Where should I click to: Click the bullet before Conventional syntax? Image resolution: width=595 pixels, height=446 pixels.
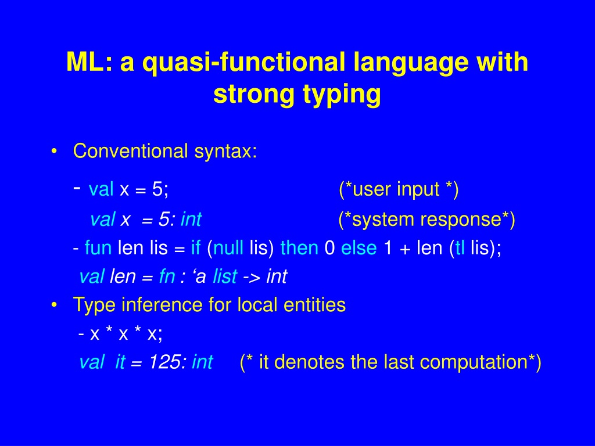(54, 152)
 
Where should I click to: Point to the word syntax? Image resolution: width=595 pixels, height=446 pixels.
(226, 152)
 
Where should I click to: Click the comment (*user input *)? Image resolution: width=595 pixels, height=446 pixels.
(399, 189)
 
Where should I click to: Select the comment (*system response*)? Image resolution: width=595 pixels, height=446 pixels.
(426, 219)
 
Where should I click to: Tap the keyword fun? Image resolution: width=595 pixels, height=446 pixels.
(98, 247)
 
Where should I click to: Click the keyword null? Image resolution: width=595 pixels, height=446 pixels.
(228, 247)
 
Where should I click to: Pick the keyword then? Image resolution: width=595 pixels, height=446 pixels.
(299, 247)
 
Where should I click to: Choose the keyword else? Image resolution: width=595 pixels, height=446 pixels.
(359, 247)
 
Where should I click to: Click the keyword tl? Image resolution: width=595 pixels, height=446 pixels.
(460, 247)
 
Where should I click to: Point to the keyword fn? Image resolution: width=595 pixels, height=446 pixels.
(167, 276)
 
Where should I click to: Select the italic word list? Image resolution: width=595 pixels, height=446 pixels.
(225, 276)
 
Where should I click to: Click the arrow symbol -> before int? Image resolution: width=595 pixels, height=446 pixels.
(252, 277)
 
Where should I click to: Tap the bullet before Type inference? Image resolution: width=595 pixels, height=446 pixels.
(54, 305)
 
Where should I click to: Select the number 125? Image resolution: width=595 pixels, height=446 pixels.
(166, 362)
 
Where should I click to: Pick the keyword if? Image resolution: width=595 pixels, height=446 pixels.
(196, 247)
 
